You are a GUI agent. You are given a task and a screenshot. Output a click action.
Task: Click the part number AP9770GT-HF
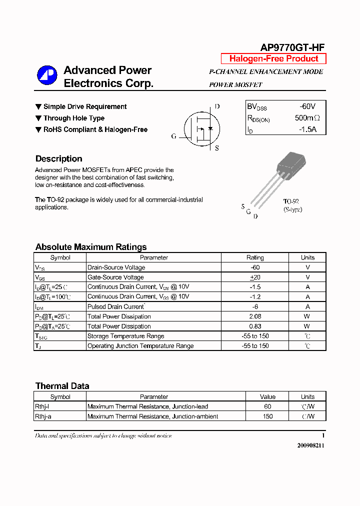tap(292, 47)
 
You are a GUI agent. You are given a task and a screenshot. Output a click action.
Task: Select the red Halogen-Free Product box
tap(273, 58)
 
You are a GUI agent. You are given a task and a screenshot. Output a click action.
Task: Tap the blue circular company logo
tap(47, 75)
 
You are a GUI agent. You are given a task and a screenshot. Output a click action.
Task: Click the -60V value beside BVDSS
tap(307, 106)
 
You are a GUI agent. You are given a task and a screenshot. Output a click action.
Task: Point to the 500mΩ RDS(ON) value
tap(307, 118)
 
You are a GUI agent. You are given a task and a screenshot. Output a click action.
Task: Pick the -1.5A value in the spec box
tap(307, 129)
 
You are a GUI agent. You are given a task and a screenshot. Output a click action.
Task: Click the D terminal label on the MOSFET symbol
tap(217, 106)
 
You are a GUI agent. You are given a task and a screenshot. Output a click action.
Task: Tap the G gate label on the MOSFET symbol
tap(173, 136)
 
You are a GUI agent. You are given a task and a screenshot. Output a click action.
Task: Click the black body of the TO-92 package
tap(290, 164)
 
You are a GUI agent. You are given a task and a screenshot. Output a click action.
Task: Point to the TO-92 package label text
tap(291, 202)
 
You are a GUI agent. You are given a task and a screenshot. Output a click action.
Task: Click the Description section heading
tap(58, 159)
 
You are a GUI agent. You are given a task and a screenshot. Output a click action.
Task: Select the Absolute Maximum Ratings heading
tap(91, 247)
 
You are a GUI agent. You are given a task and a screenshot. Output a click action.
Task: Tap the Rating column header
tap(255, 257)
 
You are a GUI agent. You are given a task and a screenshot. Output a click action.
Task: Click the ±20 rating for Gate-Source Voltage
tap(255, 277)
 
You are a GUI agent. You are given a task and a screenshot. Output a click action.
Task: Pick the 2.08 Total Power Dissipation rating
tap(255, 316)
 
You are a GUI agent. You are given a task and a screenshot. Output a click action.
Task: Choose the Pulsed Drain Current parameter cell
tap(116, 306)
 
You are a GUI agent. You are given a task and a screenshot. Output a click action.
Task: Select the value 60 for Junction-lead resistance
tap(267, 406)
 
